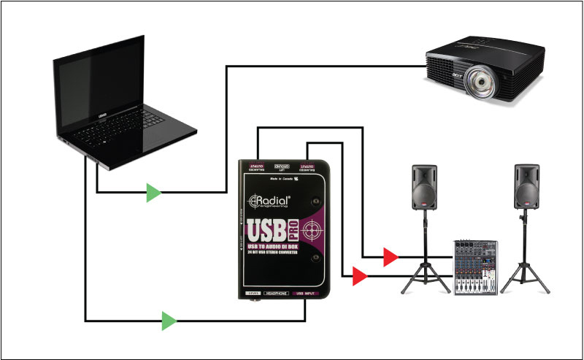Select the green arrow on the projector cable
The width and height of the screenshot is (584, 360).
[x=153, y=193]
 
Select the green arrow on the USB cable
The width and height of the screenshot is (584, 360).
[x=169, y=320]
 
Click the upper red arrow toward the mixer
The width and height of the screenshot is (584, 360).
[x=391, y=256]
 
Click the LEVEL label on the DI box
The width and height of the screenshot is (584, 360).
[x=251, y=294]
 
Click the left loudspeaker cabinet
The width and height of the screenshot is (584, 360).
[x=424, y=185]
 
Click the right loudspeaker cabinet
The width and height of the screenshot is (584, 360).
[x=526, y=185]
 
